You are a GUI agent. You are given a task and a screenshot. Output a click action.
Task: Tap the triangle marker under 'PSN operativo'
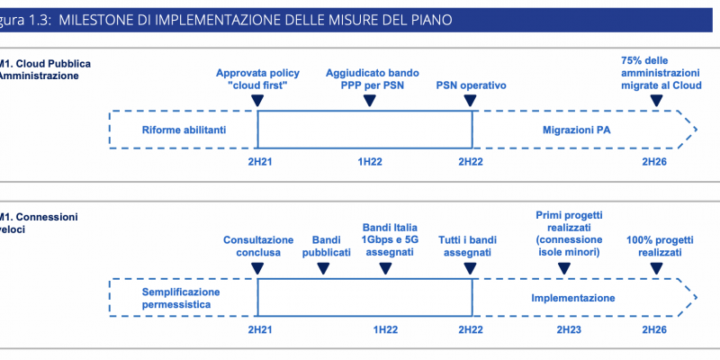[470, 101]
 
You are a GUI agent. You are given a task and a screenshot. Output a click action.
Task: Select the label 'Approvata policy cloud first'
[257, 79]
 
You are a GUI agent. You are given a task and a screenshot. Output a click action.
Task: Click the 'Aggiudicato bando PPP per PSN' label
[373, 79]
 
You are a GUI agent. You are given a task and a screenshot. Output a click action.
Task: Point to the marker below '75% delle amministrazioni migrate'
[657, 101]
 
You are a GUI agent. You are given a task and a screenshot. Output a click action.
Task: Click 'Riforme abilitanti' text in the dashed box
[184, 130]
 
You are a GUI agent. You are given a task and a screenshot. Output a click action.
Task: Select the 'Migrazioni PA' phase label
[577, 130]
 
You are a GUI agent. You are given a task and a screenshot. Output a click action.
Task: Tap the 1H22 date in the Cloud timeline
[371, 162]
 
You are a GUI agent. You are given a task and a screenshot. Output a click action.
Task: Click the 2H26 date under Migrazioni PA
[654, 162]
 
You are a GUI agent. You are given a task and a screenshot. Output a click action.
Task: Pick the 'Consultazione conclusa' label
[258, 246]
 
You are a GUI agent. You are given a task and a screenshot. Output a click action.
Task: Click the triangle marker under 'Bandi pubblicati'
[323, 268]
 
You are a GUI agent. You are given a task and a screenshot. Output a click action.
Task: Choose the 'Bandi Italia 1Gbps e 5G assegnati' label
[390, 239]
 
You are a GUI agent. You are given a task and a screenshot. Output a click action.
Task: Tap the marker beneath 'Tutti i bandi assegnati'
[470, 268]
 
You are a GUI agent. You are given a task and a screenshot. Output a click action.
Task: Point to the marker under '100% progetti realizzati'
[657, 268]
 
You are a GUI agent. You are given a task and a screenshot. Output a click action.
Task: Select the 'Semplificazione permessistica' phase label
[181, 299]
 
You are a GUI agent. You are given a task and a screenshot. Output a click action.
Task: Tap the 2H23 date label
[569, 329]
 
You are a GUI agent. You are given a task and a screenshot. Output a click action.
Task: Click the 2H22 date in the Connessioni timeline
[471, 329]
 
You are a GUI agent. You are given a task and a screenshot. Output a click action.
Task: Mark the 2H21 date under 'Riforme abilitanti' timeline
[260, 162]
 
